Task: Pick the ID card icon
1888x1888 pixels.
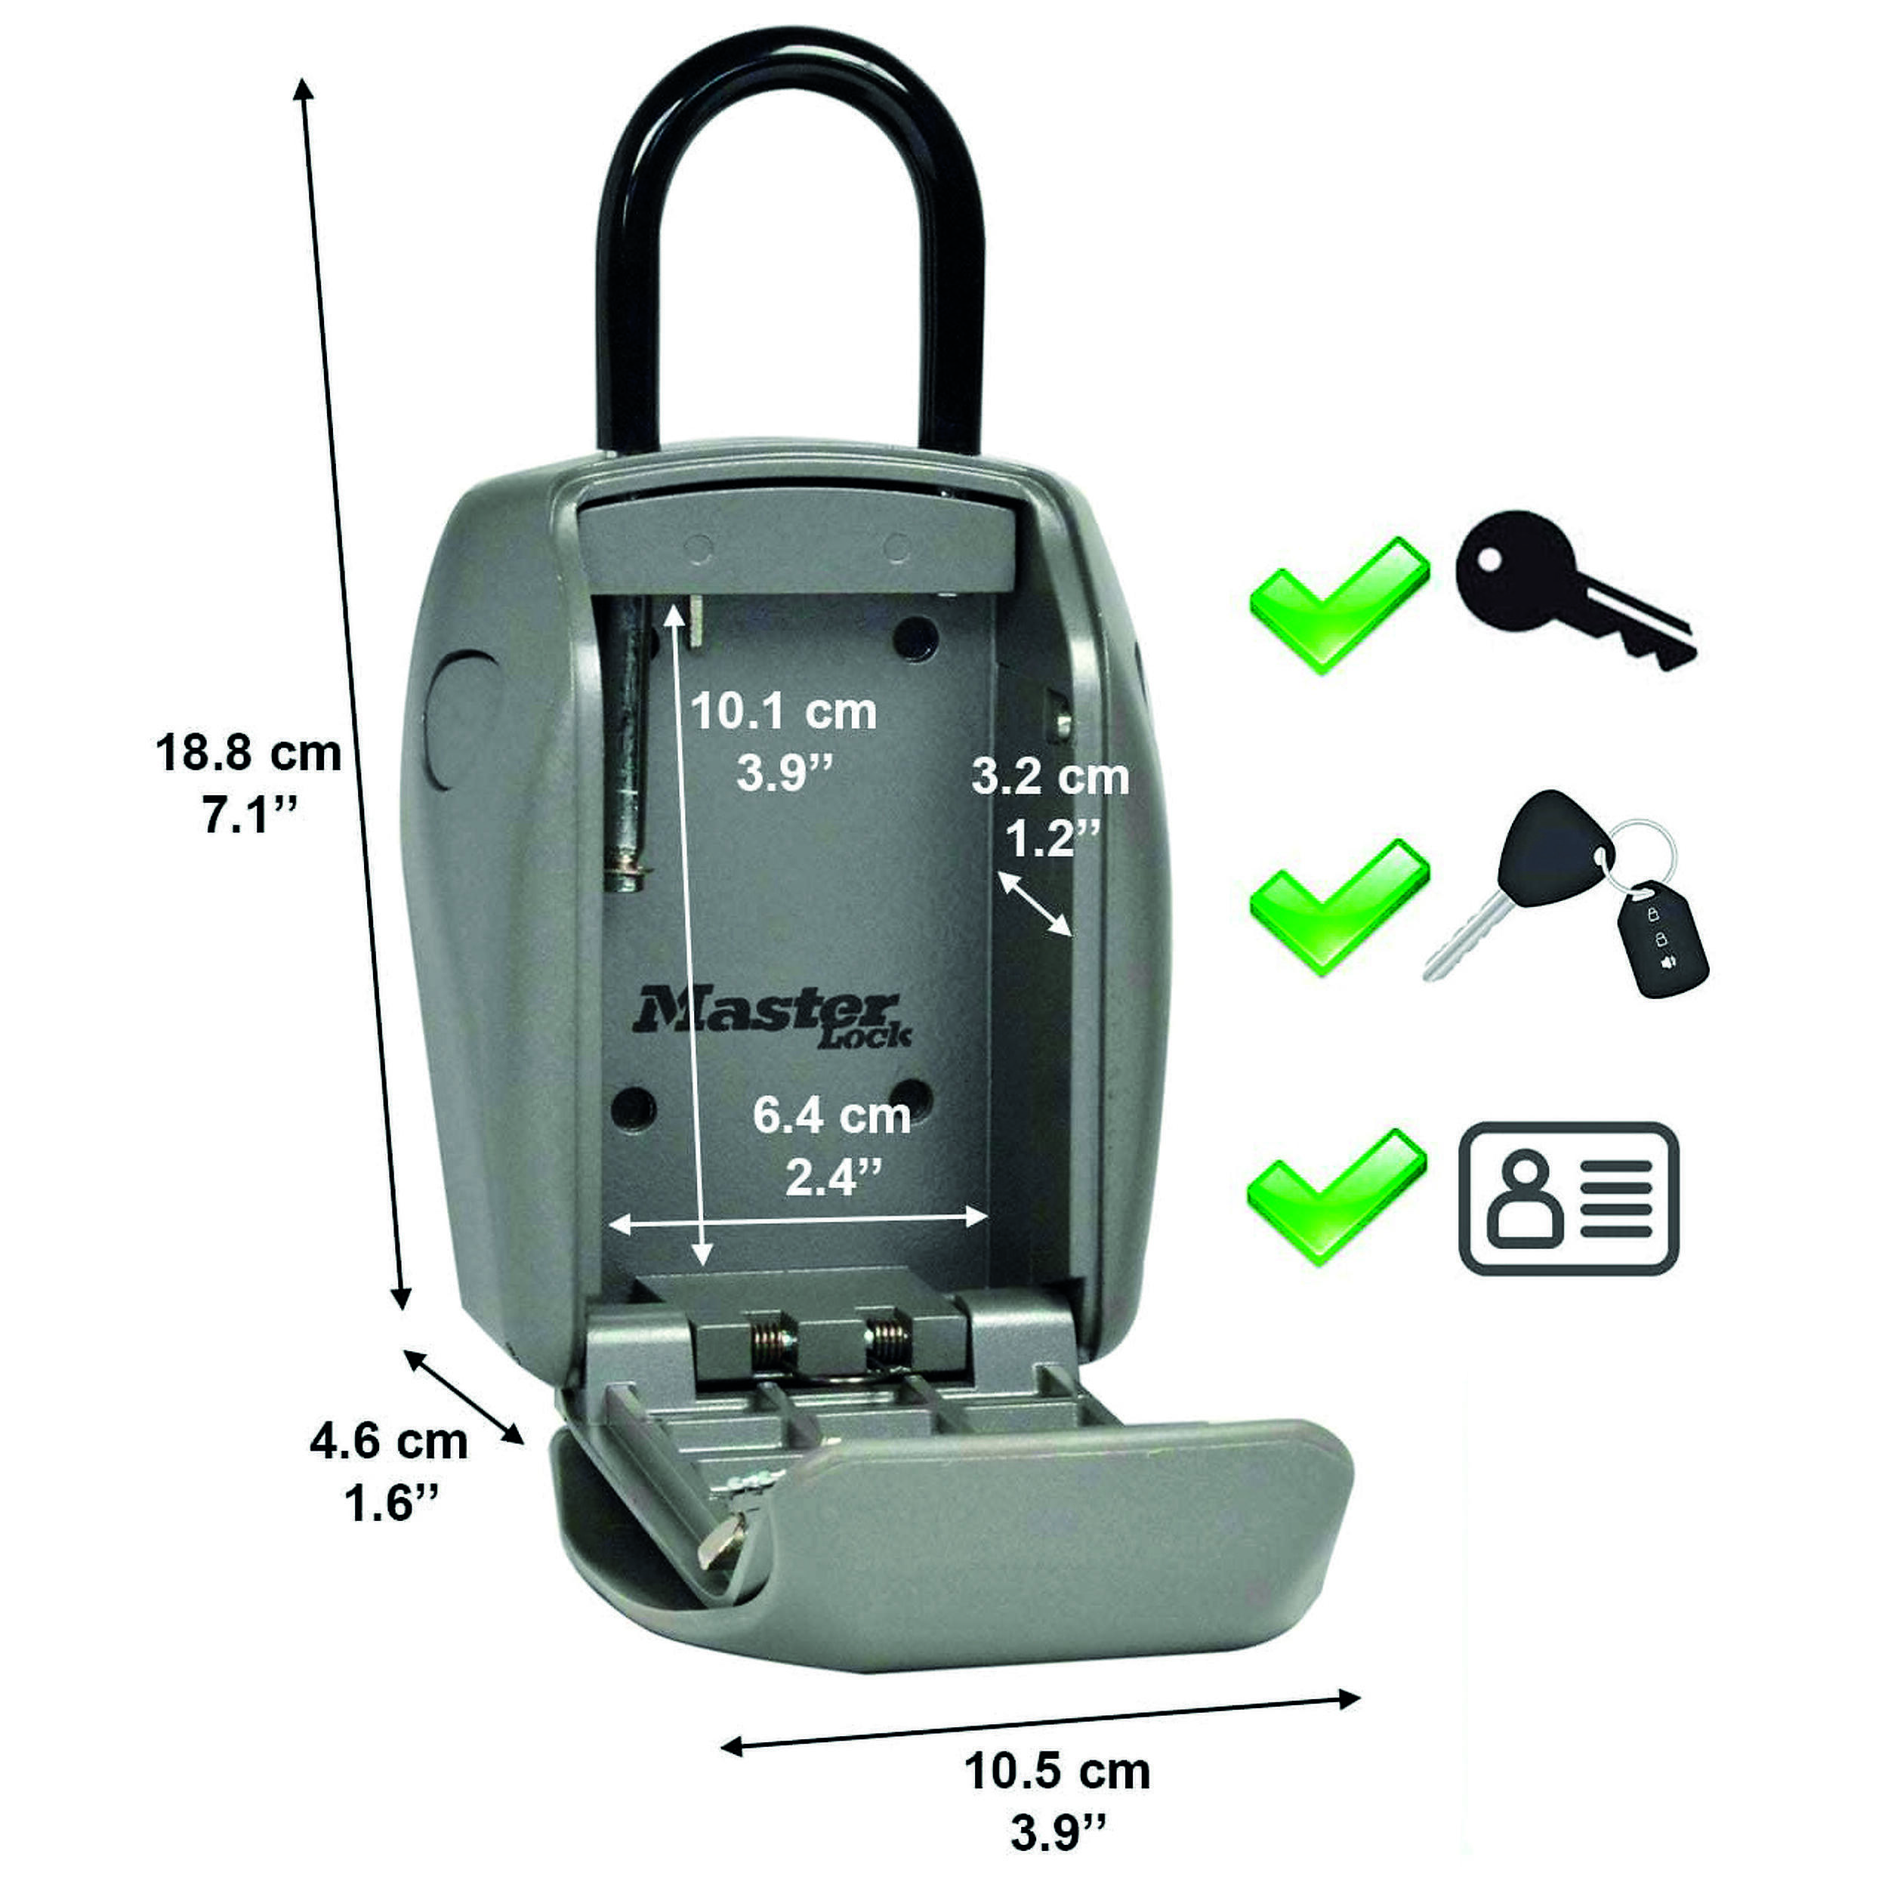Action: (x=1568, y=1198)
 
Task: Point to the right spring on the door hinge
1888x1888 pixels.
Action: (x=887, y=1337)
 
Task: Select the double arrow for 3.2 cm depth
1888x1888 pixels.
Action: (x=1034, y=903)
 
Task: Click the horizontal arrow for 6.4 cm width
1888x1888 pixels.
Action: (x=797, y=1217)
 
